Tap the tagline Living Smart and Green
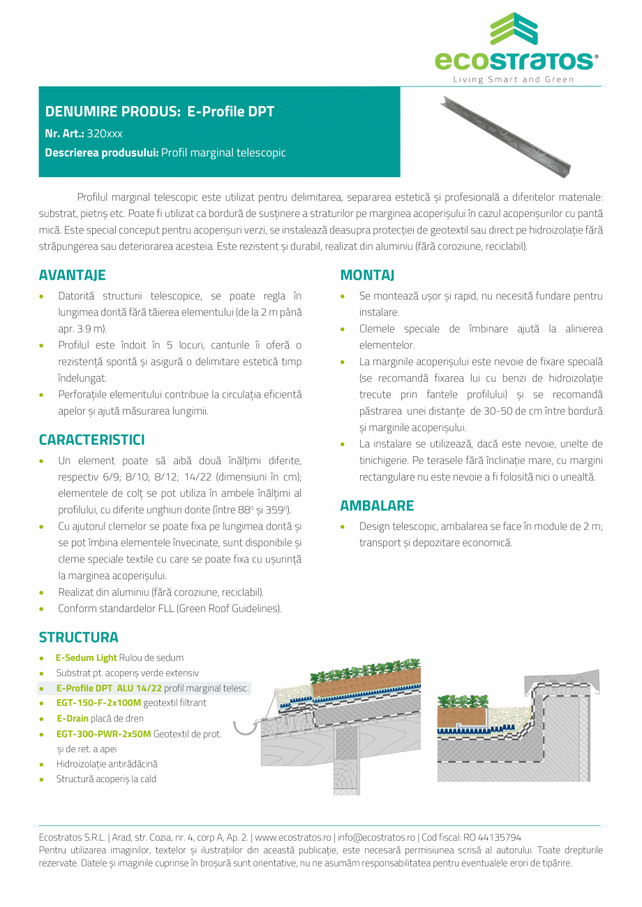514,80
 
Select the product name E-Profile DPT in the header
231,112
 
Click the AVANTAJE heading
72,275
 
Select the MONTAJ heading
367,275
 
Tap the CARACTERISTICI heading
91,440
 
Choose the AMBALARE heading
377,505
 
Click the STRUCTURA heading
78,637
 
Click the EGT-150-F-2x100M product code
98,703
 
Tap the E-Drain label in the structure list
72,718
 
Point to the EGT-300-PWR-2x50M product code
103,733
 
